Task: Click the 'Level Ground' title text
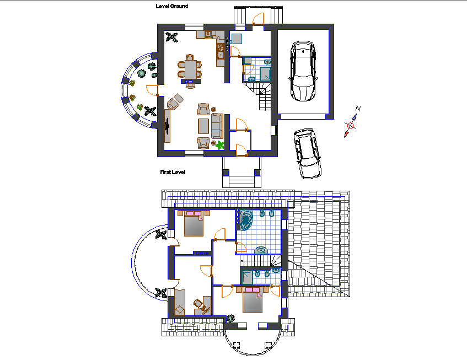point(173,7)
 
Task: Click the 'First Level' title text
point(173,173)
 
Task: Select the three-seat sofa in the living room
point(216,126)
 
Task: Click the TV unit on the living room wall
point(167,126)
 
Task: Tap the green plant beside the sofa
point(221,145)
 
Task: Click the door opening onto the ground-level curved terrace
point(153,90)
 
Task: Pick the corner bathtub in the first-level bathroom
point(246,219)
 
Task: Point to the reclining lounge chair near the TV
point(175,101)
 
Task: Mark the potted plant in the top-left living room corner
point(172,37)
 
